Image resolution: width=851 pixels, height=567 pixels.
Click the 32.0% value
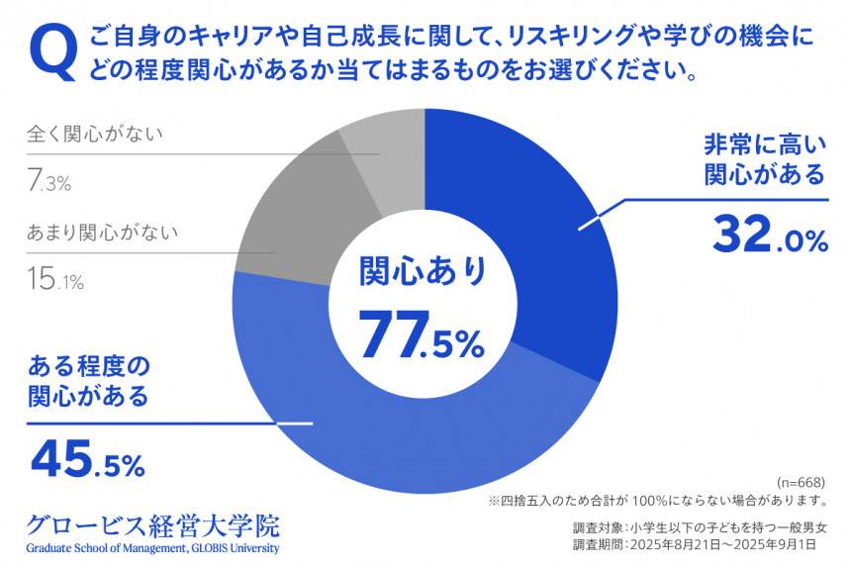coord(769,236)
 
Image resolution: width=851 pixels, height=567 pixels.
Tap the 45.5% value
coord(88,457)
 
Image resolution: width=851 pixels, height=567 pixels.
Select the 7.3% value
coord(49,181)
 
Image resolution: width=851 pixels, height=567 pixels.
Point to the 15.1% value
coord(55,281)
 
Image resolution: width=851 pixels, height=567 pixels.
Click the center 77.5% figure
coord(421,334)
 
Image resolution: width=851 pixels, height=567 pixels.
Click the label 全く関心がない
coord(94,134)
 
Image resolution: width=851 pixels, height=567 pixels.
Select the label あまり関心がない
coord(102,234)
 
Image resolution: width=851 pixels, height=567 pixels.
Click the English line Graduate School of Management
coord(153,549)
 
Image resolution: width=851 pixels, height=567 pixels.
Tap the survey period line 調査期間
coord(699,545)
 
